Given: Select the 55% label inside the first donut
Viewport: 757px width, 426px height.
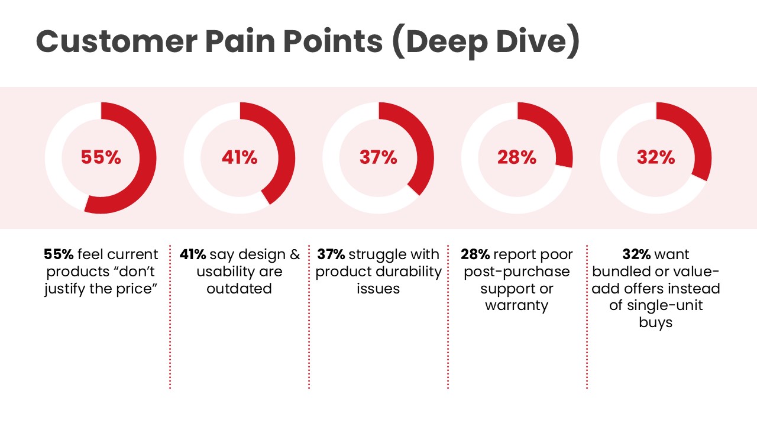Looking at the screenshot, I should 101,157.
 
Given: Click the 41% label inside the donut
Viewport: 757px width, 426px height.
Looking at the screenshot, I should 240,157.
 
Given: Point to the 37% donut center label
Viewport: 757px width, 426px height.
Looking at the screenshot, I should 378,157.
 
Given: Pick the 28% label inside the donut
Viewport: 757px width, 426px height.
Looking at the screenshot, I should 517,157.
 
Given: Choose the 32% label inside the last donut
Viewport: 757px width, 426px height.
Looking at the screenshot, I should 656,157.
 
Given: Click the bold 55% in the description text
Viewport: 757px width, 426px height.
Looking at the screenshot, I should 59,254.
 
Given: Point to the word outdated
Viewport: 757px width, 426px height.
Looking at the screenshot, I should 239,289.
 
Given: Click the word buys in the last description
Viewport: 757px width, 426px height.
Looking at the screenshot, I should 656,323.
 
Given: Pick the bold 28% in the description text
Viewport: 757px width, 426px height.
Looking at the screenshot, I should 475,254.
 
